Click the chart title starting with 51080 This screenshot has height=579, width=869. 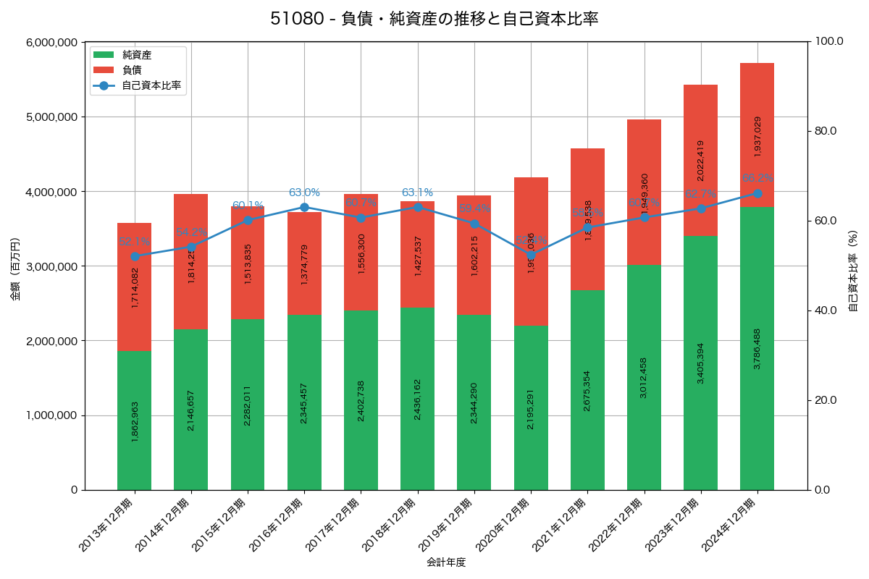point(434,19)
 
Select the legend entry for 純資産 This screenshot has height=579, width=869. point(137,54)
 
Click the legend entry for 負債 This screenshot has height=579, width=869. point(132,70)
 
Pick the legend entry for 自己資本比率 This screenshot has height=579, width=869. point(151,85)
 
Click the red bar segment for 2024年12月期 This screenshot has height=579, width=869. point(757,135)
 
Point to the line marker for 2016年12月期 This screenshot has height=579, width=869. point(304,208)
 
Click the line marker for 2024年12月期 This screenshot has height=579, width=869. point(757,193)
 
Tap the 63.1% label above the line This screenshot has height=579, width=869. point(417,193)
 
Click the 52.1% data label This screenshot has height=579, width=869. point(134,242)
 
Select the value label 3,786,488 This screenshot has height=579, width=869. point(757,349)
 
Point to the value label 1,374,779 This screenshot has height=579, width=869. point(304,264)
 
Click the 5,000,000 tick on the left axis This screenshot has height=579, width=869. point(51,117)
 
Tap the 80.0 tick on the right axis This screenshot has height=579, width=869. point(826,131)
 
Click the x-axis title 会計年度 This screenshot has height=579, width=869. point(445,562)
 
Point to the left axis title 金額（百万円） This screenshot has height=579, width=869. point(15,266)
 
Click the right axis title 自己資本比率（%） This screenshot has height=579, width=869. point(853,271)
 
